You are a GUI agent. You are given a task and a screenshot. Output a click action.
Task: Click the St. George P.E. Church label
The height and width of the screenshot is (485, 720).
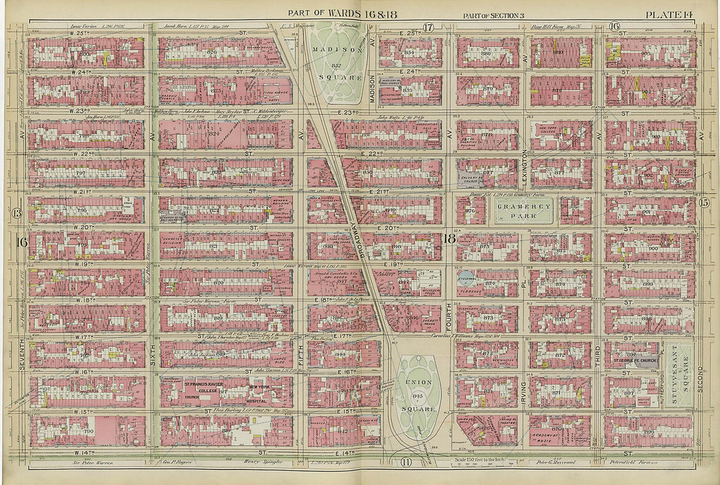(634, 359)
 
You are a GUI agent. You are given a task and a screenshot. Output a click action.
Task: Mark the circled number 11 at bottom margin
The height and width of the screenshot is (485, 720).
(406, 463)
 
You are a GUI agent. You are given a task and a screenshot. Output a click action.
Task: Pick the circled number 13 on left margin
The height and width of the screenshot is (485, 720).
(16, 213)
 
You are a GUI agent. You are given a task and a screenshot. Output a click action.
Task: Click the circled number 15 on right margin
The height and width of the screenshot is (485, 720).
(704, 203)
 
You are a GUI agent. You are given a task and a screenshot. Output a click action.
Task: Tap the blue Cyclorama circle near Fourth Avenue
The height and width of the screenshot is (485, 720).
(464, 278)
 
